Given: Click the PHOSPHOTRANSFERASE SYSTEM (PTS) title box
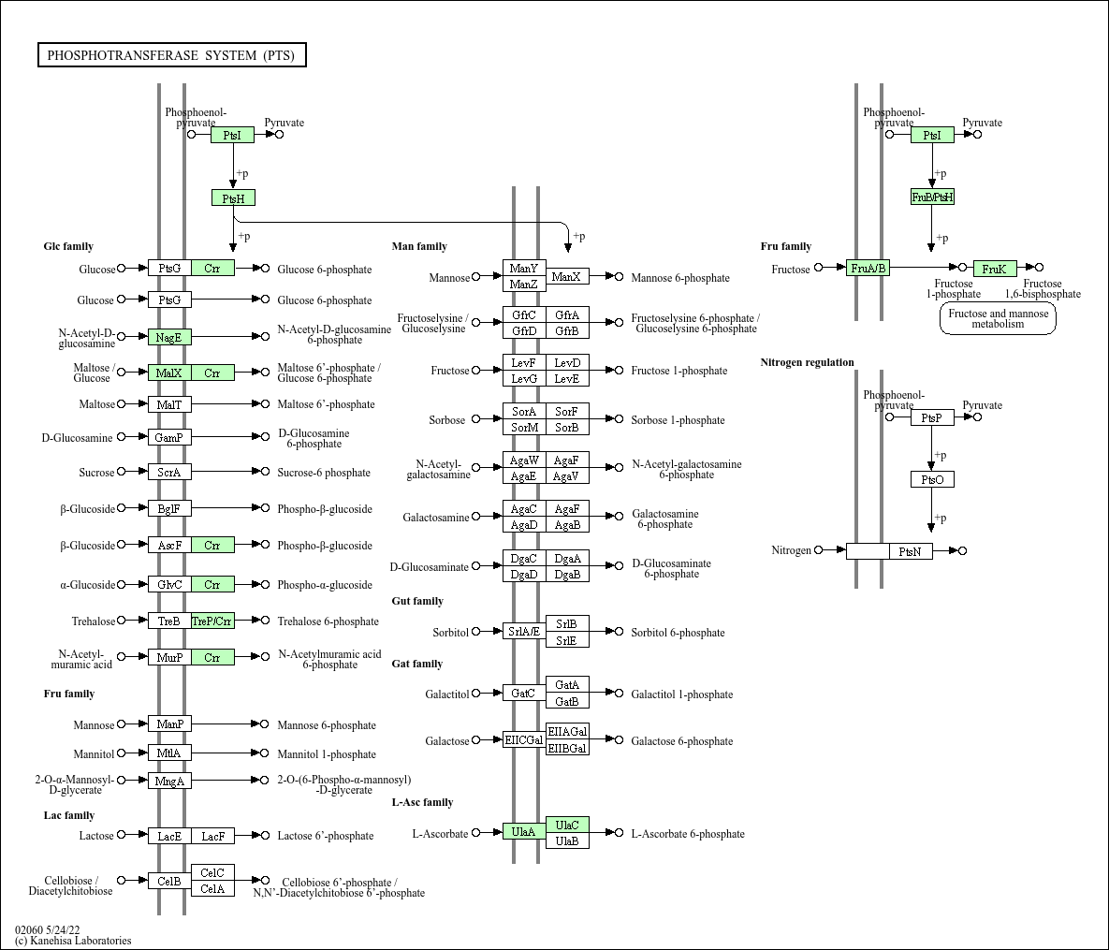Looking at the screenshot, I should point(171,55).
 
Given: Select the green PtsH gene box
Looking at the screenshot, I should point(233,197).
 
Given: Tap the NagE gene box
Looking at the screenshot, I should point(169,337).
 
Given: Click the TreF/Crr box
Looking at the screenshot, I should point(212,621).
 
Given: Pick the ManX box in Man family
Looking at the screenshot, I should point(567,276).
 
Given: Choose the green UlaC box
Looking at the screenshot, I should point(567,825).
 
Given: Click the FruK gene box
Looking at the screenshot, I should point(994,269).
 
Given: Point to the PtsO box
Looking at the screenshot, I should point(932,479).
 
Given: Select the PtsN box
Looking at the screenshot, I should point(911,551).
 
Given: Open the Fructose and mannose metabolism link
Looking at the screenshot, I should point(998,319).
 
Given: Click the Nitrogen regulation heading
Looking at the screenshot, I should point(807,362).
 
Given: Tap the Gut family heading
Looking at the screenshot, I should point(417,601).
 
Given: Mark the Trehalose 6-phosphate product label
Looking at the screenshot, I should point(328,621).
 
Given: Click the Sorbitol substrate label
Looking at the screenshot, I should point(450,633).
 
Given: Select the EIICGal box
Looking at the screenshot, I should point(524,739).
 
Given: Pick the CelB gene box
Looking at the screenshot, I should point(169,881).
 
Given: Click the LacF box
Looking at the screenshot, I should point(212,836).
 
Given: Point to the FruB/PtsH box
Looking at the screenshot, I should point(932,197).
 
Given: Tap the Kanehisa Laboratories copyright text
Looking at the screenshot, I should point(73,941).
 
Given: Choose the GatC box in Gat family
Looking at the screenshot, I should point(524,693).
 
